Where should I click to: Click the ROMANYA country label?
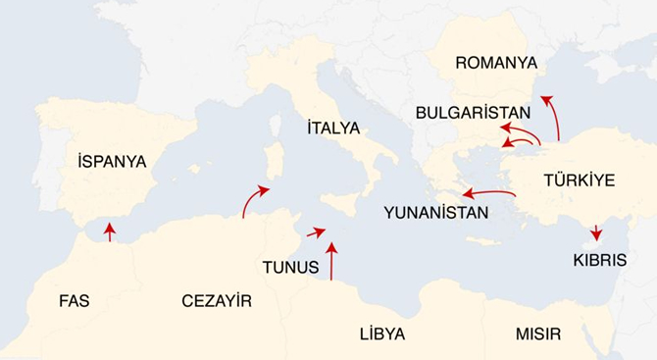tap(496, 63)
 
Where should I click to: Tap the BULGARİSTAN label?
tap(473, 112)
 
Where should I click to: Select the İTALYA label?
tap(333, 129)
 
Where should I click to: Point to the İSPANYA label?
tap(112, 161)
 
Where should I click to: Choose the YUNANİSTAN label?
tap(435, 212)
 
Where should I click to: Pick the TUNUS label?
tap(290, 267)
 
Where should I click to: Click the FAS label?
tap(74, 300)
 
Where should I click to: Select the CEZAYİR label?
tap(217, 301)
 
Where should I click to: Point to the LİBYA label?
tap(381, 334)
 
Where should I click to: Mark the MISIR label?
tap(538, 334)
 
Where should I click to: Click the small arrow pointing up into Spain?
tap(109, 231)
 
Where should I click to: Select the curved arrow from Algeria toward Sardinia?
tap(253, 197)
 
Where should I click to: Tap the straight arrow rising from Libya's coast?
tap(331, 261)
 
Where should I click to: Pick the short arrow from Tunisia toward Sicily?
tap(315, 232)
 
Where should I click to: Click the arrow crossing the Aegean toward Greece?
tap(488, 193)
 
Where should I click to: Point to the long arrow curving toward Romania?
tap(554, 116)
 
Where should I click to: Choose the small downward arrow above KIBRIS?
tap(596, 233)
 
